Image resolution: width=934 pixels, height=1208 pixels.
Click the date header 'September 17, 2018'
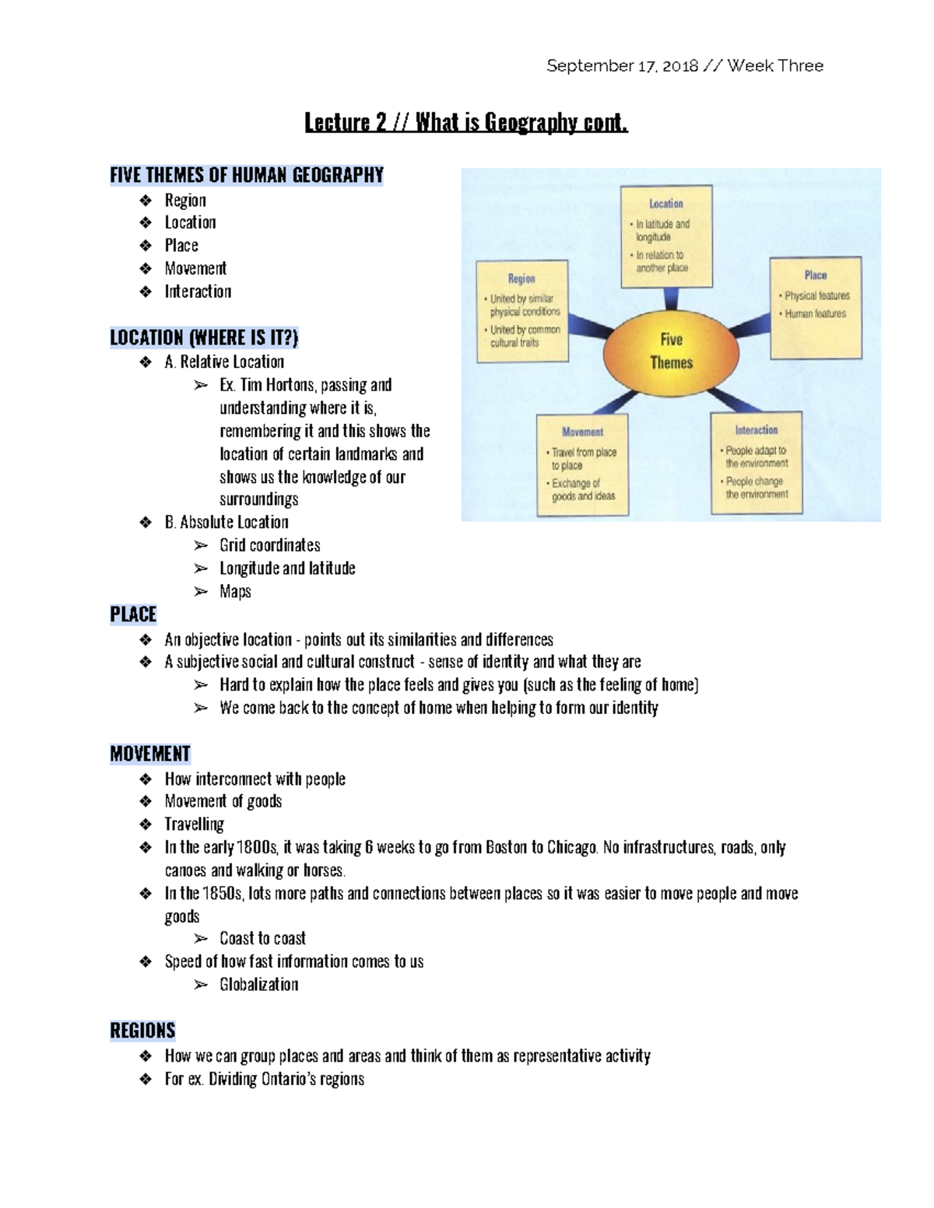point(622,66)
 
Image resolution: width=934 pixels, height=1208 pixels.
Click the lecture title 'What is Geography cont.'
point(521,122)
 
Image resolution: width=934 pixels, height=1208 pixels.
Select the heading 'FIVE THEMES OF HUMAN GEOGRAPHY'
point(247,175)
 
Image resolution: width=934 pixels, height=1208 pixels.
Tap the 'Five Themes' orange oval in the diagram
point(671,351)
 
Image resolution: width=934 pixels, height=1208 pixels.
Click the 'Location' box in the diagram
point(665,236)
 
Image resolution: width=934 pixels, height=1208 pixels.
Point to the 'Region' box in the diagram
point(522,311)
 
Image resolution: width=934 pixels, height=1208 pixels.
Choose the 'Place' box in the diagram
point(816,309)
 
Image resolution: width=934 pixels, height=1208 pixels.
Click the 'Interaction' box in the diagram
point(756,463)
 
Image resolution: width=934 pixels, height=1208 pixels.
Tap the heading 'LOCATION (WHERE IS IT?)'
point(204,338)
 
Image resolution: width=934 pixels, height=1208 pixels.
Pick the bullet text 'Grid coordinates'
point(269,545)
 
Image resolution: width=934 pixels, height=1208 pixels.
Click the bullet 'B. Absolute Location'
point(226,522)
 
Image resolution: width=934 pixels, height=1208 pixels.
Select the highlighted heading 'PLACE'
point(133,615)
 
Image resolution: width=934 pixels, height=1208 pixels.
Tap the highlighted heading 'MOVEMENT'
point(150,754)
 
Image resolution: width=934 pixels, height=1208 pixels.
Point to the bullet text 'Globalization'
point(258,985)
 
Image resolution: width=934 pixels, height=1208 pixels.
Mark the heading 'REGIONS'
point(142,1031)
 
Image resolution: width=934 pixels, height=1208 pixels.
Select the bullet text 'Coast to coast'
point(262,938)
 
